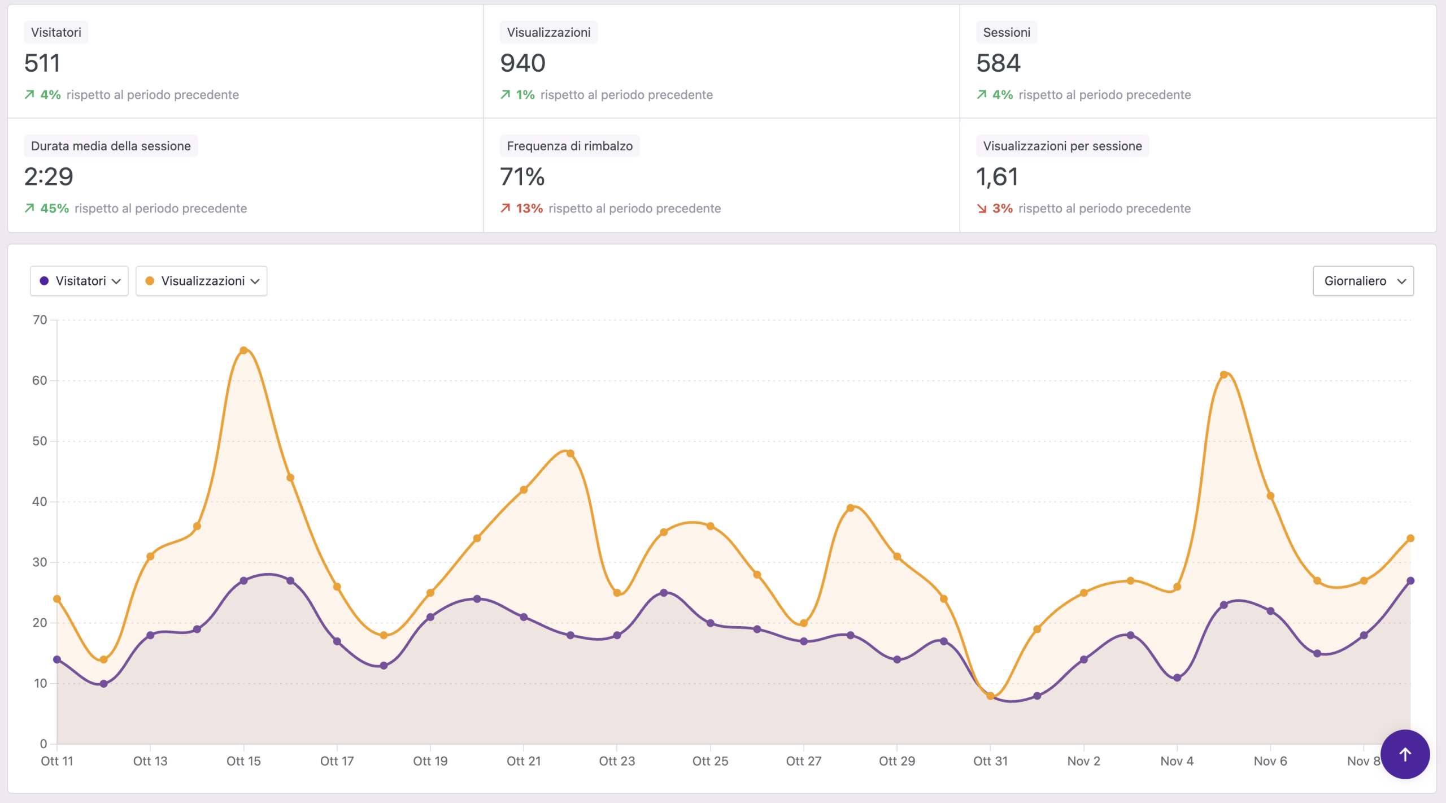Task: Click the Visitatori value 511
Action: (x=42, y=63)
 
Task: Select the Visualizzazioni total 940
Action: (x=522, y=63)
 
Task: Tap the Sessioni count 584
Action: (x=998, y=63)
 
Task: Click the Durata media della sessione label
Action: (x=111, y=146)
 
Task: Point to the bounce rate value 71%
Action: (x=522, y=177)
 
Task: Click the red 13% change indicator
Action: (x=529, y=209)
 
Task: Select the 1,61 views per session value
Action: (x=997, y=177)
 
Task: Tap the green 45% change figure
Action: (x=54, y=209)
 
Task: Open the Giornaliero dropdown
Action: (x=1363, y=281)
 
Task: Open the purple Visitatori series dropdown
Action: (x=79, y=281)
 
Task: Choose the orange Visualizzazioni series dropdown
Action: (x=202, y=281)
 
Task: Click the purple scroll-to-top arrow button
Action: (x=1405, y=754)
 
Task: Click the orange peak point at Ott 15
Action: (x=243, y=350)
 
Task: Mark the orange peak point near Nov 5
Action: (x=1223, y=375)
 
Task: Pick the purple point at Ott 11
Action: (x=57, y=659)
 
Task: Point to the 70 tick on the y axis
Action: (x=40, y=320)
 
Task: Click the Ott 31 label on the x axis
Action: (x=990, y=761)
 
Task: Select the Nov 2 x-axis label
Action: (x=1083, y=761)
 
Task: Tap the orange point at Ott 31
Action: (x=990, y=696)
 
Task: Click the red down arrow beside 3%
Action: (x=982, y=209)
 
